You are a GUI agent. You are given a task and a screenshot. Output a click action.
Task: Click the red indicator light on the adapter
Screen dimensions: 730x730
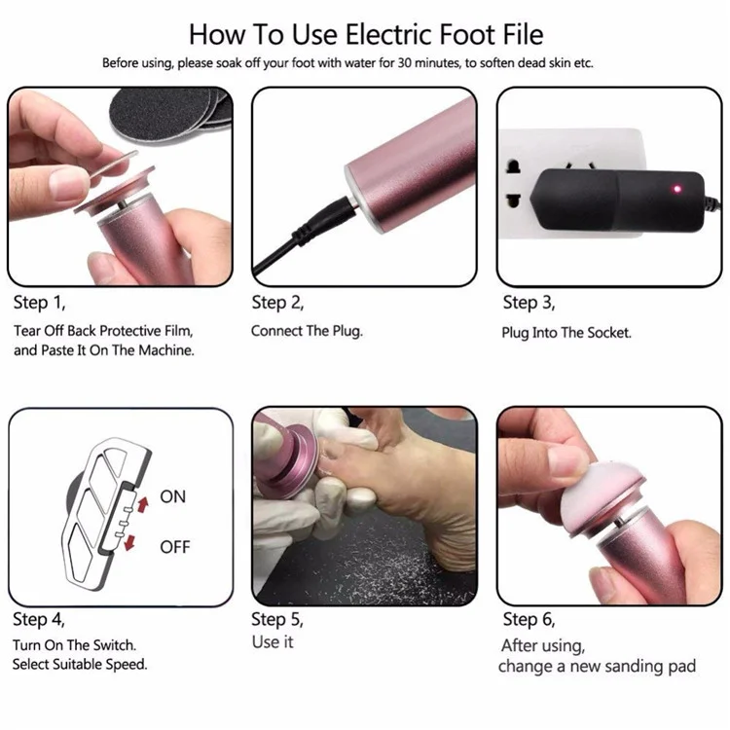pos(671,187)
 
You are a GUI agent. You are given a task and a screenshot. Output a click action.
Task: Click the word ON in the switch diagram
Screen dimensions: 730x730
pos(172,496)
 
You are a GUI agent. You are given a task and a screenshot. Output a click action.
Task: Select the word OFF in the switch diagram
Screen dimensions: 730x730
pos(174,547)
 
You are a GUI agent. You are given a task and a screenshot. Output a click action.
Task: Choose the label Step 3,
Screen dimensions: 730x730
pos(529,303)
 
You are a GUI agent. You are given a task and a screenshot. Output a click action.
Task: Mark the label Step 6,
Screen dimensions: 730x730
pos(529,619)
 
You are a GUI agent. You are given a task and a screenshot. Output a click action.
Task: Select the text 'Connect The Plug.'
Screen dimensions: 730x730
pos(307,331)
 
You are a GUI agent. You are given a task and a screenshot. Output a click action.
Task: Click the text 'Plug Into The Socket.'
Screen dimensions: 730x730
pos(566,332)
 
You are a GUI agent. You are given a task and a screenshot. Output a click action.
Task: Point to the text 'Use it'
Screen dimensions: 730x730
pos(273,642)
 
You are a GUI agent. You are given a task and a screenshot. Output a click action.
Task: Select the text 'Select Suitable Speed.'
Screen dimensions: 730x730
pos(80,665)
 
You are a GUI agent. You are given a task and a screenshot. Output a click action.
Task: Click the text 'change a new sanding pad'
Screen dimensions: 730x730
pos(597,667)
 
